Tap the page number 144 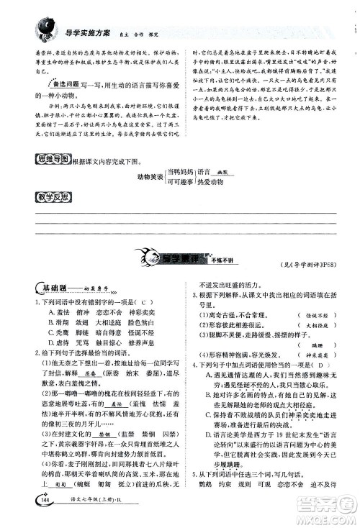click(37, 510)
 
